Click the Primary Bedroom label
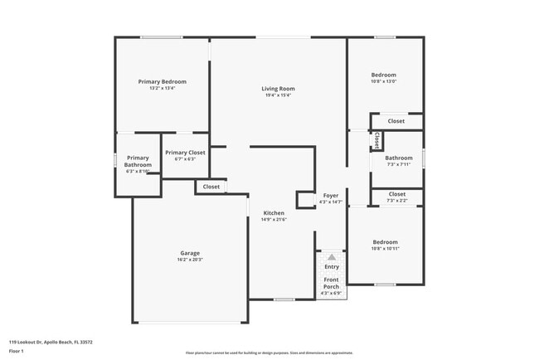[x=162, y=81]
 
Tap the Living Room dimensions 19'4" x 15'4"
[x=278, y=95]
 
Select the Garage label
[x=190, y=253]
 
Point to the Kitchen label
[x=273, y=213]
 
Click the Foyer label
[x=330, y=195]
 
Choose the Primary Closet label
[x=184, y=153]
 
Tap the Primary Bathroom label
[x=138, y=161]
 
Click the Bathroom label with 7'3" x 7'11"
[x=398, y=158]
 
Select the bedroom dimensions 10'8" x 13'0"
[x=383, y=81]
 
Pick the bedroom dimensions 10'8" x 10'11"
[x=385, y=249]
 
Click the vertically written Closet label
[x=376, y=140]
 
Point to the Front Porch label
[x=331, y=283]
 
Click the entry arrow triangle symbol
[x=332, y=257]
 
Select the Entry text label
[x=332, y=266]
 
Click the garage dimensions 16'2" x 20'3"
[x=190, y=260]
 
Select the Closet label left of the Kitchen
[x=211, y=187]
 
